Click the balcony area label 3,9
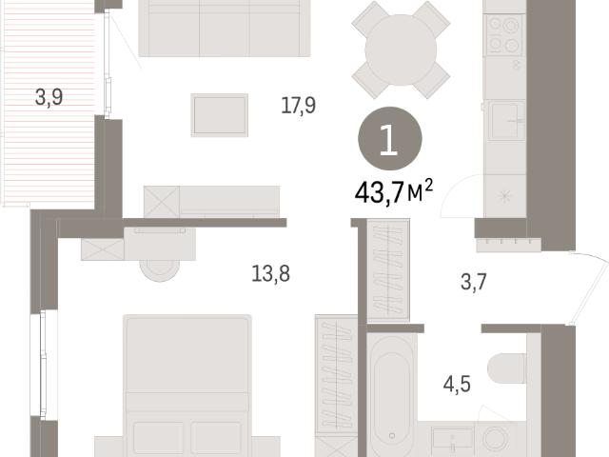coord(49,97)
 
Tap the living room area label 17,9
coord(298,106)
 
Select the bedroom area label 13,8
coord(270,273)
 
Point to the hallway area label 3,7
coord(474,282)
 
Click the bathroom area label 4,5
coord(457,385)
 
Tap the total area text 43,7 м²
coord(393,191)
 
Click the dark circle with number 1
coord(390,139)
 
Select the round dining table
coord(401,50)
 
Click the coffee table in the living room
coord(220,115)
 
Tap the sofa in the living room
coord(225,28)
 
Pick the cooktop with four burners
coord(503,35)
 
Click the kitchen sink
coord(506,121)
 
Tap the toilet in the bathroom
coord(507,368)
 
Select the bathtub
coord(392,396)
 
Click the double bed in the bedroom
coord(187,386)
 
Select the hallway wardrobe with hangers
coord(388,270)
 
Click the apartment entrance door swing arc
coord(594,288)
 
